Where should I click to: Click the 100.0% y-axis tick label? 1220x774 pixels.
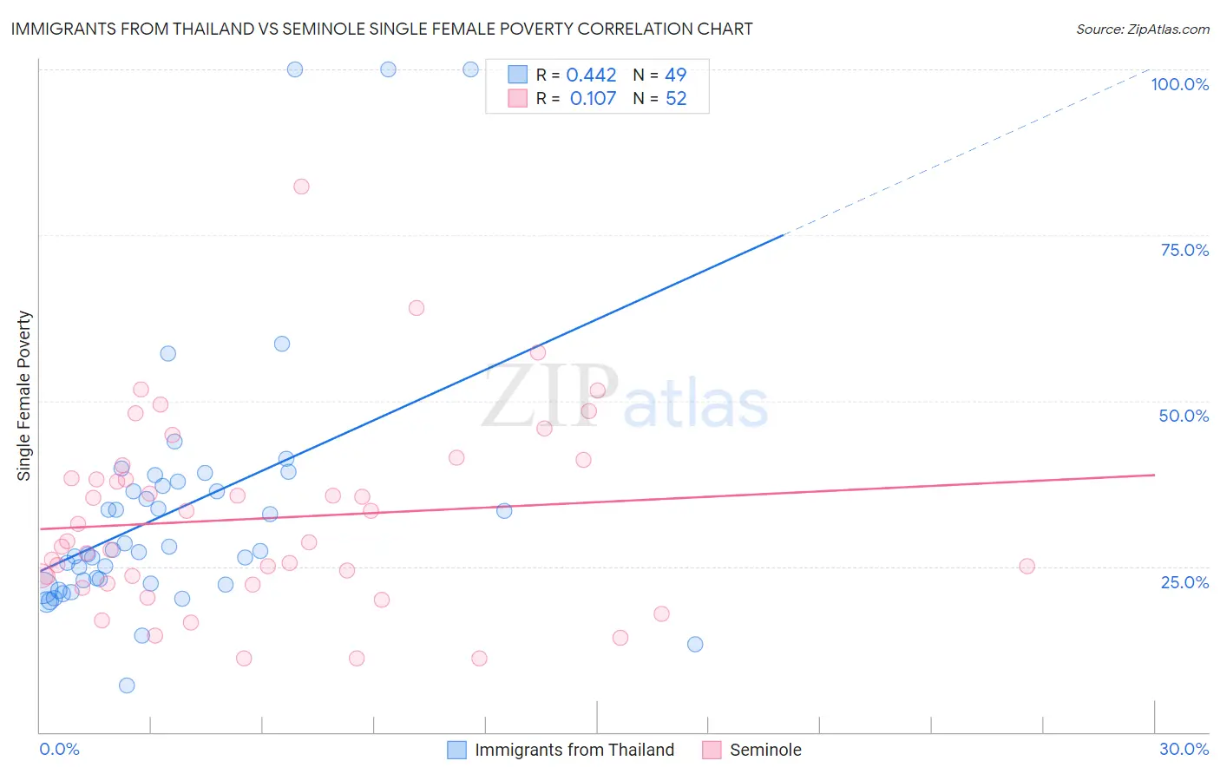pyautogui.click(x=1179, y=84)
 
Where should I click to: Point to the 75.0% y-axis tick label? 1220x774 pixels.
pyautogui.click(x=1184, y=250)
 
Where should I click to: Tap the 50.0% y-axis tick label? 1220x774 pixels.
pyautogui.click(x=1184, y=416)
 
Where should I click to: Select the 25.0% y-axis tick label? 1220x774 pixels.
pyautogui.click(x=1184, y=582)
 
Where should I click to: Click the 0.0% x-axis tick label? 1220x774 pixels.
pyautogui.click(x=59, y=749)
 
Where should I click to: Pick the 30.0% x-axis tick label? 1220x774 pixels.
pyautogui.click(x=1184, y=749)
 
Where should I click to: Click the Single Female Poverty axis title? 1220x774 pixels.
pyautogui.click(x=24, y=396)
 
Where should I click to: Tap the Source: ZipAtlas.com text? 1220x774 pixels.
pyautogui.click(x=1142, y=30)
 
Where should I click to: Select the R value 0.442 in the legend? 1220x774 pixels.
pyautogui.click(x=591, y=75)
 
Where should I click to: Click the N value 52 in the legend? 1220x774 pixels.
pyautogui.click(x=676, y=99)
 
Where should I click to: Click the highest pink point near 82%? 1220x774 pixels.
pyautogui.click(x=301, y=187)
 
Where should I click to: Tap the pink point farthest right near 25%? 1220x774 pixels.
pyautogui.click(x=1027, y=567)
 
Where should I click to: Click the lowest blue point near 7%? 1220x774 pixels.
pyautogui.click(x=127, y=685)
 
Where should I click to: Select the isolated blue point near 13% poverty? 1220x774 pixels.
pyautogui.click(x=695, y=644)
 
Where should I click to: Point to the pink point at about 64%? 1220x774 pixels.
pyautogui.click(x=417, y=308)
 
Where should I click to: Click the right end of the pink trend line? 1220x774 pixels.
pyautogui.click(x=1154, y=475)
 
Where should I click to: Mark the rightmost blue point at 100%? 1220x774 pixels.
pyautogui.click(x=470, y=69)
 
